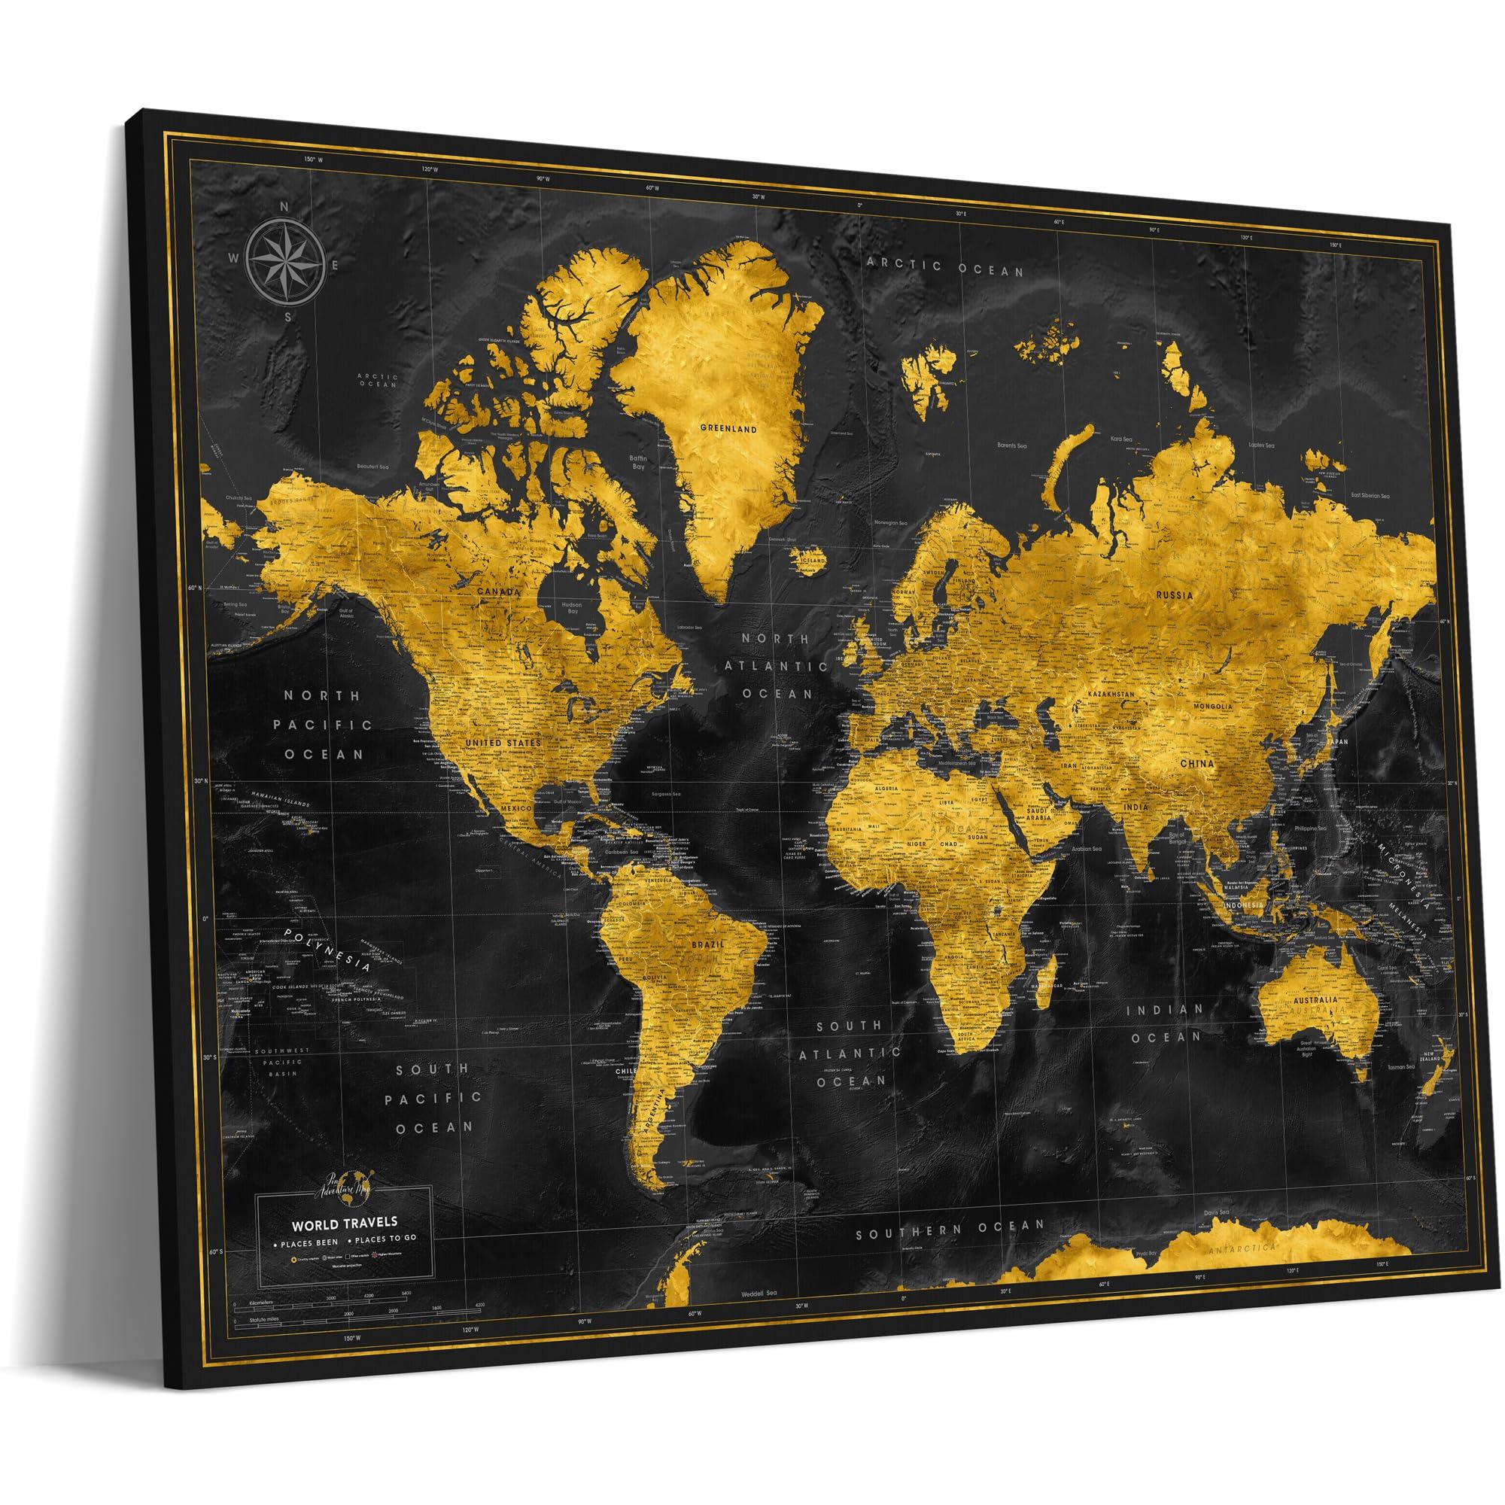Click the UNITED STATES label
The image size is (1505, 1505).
503,743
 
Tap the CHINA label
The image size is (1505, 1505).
1198,765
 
